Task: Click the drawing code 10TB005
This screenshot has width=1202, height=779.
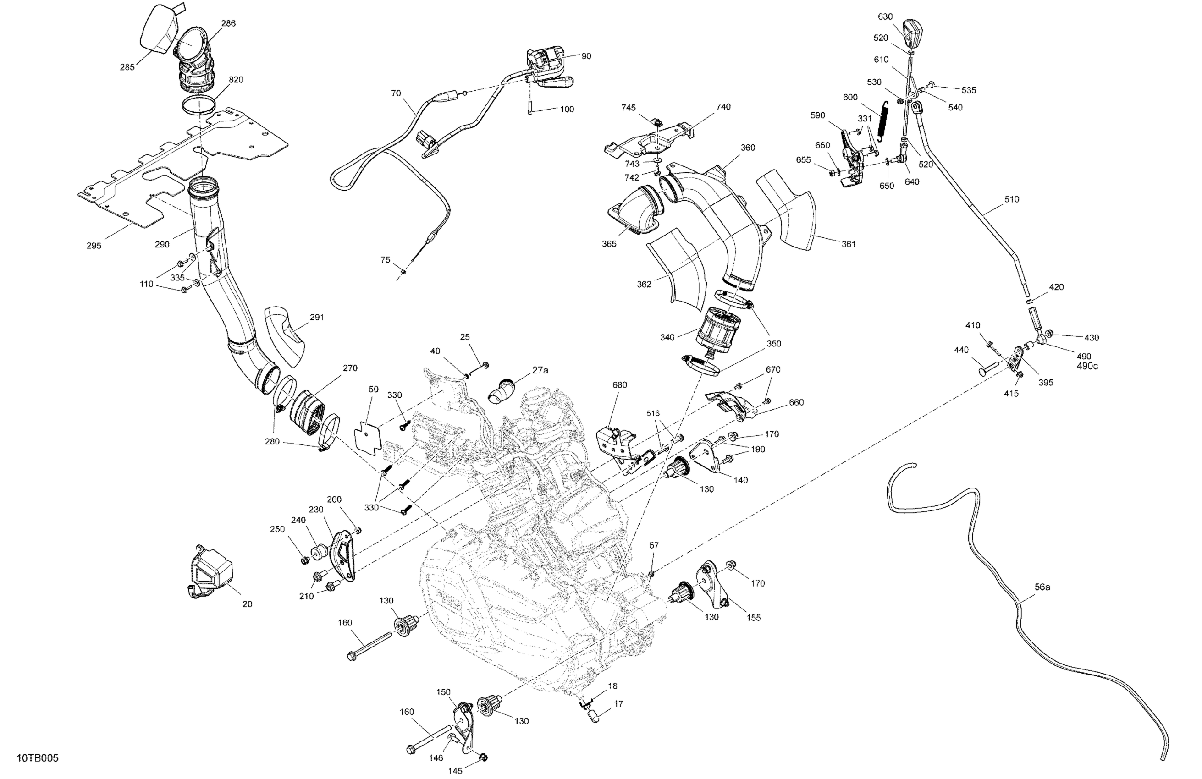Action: click(x=38, y=758)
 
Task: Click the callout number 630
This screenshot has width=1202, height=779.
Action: click(x=885, y=16)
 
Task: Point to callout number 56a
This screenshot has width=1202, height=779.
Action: click(x=1042, y=587)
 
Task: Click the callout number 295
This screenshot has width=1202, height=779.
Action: click(x=94, y=246)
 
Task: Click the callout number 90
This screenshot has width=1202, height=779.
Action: click(x=586, y=56)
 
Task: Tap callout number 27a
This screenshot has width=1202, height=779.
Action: click(x=540, y=370)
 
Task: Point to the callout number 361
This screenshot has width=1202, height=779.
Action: click(x=849, y=244)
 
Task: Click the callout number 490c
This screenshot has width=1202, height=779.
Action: click(x=1087, y=366)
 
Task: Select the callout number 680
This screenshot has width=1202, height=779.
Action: click(x=620, y=385)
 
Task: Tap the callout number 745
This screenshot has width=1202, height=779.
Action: click(x=628, y=108)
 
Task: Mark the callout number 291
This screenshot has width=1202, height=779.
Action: click(x=317, y=317)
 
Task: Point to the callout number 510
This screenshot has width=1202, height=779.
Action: click(x=1012, y=199)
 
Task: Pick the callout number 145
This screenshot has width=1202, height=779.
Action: click(x=455, y=771)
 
